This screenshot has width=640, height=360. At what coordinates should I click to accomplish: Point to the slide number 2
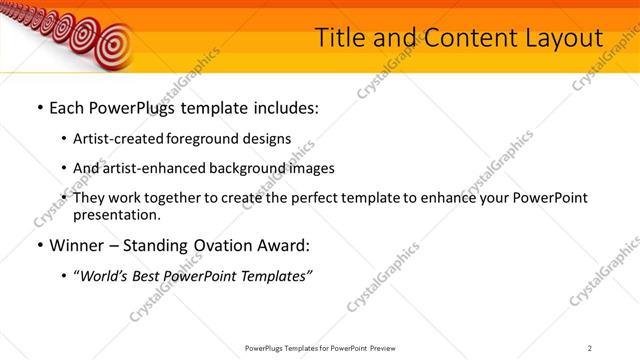pyautogui.click(x=590, y=347)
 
